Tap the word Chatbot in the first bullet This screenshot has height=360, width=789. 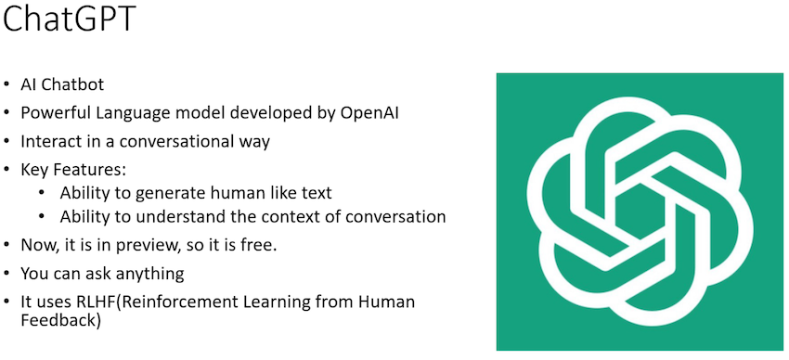(73, 84)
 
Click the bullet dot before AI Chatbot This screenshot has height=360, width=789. (9, 85)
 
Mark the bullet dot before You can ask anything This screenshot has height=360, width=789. (9, 275)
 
